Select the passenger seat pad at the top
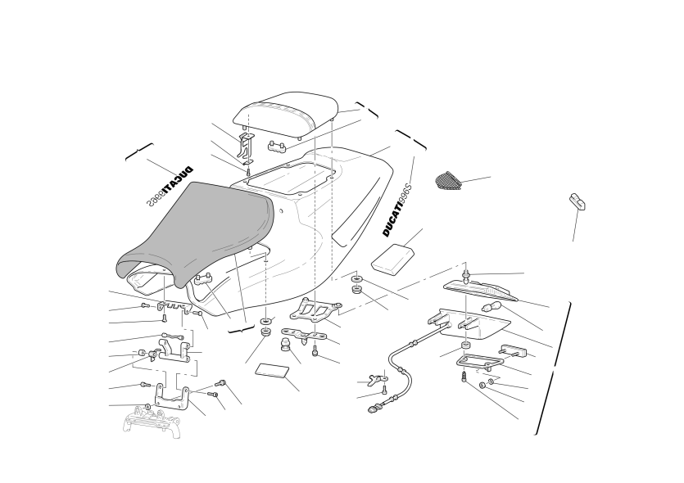pos(286,115)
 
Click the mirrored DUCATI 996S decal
pos(170,186)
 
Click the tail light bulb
pos(491,306)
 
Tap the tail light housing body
pos(473,325)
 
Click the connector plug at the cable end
pos(373,409)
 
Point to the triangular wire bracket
pos(479,360)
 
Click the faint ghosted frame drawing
pos(152,422)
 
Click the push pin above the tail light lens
pos(467,274)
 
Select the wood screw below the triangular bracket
pos(464,377)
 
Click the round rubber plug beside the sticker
pos(285,344)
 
